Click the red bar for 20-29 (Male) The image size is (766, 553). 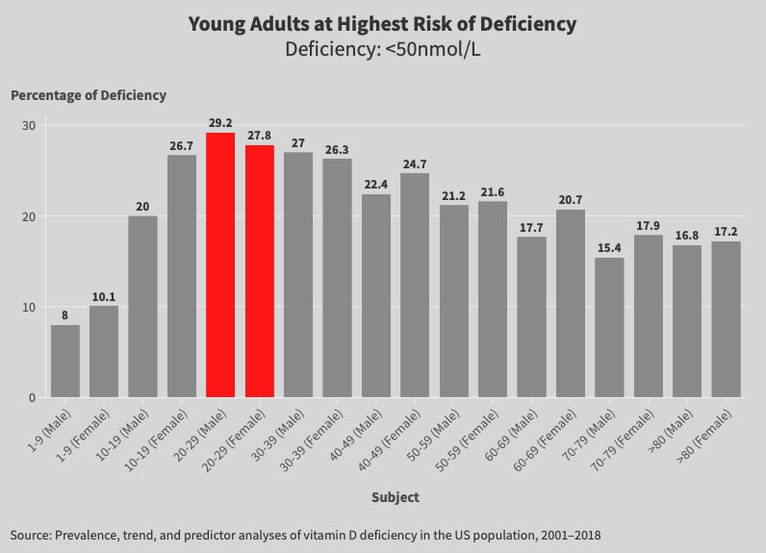(x=220, y=265)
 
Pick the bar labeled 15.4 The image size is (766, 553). (x=609, y=327)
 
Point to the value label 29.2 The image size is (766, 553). (x=220, y=123)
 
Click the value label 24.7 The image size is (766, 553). (x=415, y=164)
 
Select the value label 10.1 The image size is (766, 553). (x=104, y=296)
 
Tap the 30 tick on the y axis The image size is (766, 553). (x=29, y=126)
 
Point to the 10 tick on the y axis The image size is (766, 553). (x=29, y=307)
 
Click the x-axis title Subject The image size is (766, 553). (x=395, y=497)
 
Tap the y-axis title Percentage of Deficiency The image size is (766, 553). (x=88, y=95)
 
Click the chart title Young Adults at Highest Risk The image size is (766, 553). (x=382, y=24)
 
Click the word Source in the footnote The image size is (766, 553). (x=32, y=534)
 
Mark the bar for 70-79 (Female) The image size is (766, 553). (x=649, y=315)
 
